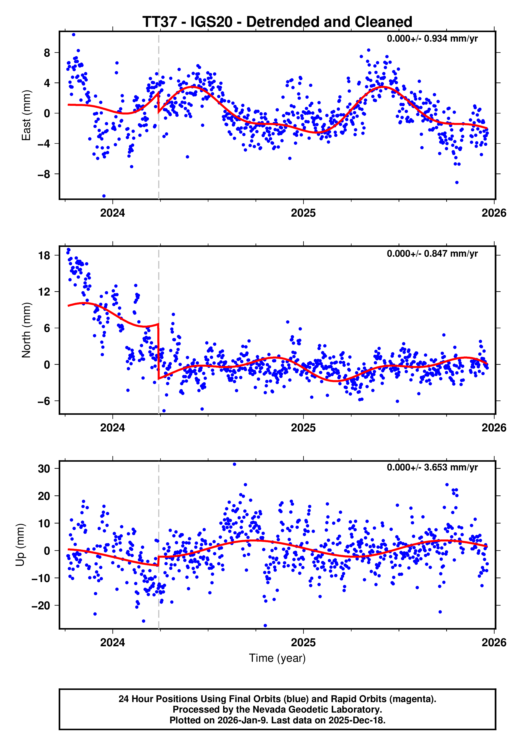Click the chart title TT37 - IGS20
[277, 22]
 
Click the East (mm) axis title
[26, 115]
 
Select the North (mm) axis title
[26, 330]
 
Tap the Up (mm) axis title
[20, 545]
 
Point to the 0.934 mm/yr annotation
[432, 39]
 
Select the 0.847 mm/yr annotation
[432, 253]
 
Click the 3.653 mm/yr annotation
[432, 467]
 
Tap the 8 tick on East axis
[47, 53]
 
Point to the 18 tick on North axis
[44, 256]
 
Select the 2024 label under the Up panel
[112, 643]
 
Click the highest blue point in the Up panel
[234, 464]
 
